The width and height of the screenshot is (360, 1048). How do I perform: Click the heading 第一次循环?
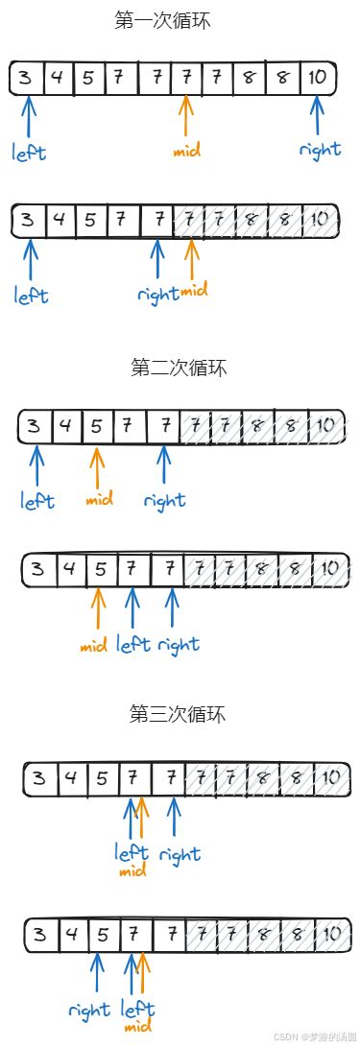(x=161, y=20)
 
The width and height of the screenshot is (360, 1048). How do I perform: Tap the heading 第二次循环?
(x=179, y=368)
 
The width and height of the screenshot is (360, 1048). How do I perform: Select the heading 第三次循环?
(x=178, y=713)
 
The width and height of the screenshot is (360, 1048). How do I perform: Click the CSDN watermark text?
(x=314, y=1037)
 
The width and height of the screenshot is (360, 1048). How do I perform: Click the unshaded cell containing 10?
(x=318, y=78)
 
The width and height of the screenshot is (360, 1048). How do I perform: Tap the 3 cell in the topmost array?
(x=27, y=78)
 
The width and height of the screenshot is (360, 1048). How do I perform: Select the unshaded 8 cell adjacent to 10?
(x=283, y=78)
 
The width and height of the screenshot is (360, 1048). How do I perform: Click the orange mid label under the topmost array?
(x=187, y=151)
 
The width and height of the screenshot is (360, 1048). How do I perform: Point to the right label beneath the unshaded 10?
(x=320, y=151)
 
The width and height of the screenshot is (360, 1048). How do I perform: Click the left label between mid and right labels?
(x=132, y=644)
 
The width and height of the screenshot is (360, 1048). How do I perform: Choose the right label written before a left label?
(x=88, y=1010)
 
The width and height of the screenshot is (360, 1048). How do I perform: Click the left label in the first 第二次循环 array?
(x=37, y=500)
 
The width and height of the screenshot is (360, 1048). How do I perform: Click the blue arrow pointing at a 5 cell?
(x=97, y=973)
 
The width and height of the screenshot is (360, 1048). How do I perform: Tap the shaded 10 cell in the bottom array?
(x=328, y=933)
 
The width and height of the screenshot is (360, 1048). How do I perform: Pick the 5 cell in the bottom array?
(x=102, y=933)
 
